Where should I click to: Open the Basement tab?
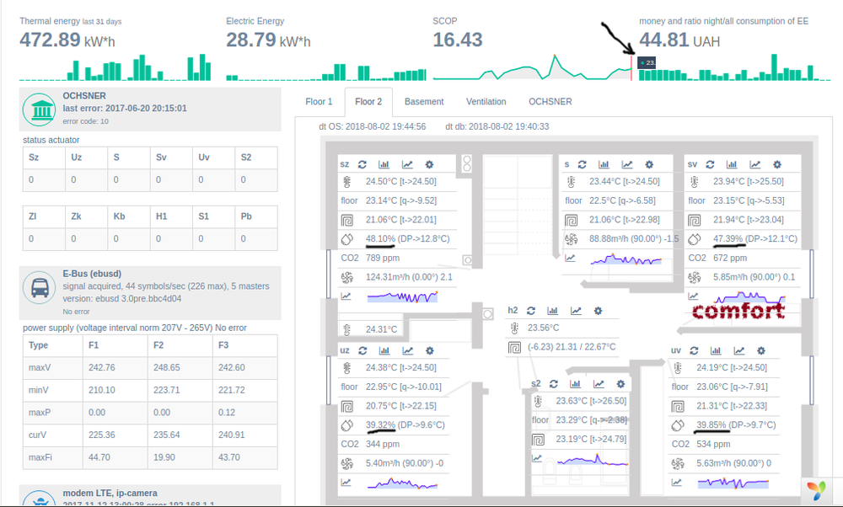pyautogui.click(x=423, y=102)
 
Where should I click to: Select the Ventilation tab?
pyautogui.click(x=486, y=102)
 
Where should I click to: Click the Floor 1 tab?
pyautogui.click(x=319, y=102)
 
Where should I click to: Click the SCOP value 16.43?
pyautogui.click(x=458, y=40)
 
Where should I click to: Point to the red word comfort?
pyautogui.click(x=738, y=311)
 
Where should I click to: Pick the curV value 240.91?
pyautogui.click(x=231, y=435)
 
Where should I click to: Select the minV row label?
pyautogui.click(x=39, y=390)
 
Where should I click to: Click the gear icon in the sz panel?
pyautogui.click(x=429, y=165)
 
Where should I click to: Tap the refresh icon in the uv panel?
pyautogui.click(x=695, y=351)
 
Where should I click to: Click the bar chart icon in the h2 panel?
pyautogui.click(x=551, y=311)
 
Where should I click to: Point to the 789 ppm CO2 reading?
pyautogui.click(x=382, y=258)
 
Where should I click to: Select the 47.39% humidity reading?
pyautogui.click(x=729, y=238)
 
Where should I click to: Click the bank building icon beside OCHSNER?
pyautogui.click(x=39, y=109)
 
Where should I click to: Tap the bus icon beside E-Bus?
pyautogui.click(x=39, y=287)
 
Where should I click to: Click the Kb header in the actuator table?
pyautogui.click(x=119, y=216)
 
